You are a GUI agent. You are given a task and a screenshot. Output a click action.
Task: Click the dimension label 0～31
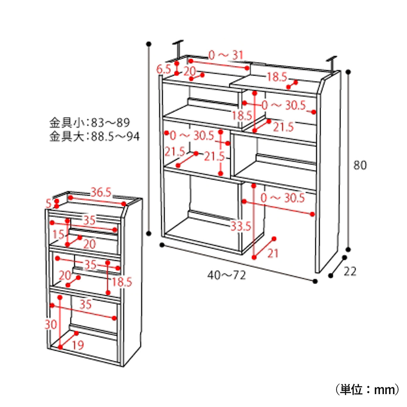coord(226,55)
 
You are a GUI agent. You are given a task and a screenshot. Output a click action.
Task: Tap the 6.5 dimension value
coord(163,70)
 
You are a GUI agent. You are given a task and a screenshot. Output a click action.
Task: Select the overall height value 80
coord(360,166)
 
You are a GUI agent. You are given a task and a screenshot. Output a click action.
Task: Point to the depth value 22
coord(350,271)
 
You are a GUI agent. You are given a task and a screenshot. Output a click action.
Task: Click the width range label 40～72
coord(226,275)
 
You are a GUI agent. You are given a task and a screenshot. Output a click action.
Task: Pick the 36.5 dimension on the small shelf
coord(101,193)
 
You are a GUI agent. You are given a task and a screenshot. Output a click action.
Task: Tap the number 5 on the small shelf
coord(49,204)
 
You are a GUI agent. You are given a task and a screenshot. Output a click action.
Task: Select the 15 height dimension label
coord(58,234)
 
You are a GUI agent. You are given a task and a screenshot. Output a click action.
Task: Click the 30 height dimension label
coord(51,325)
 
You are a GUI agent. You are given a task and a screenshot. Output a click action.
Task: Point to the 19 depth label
coord(78,345)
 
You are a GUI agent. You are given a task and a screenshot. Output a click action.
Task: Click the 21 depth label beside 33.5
coord(273,253)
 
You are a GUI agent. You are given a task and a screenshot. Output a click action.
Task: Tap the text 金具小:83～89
coord(90,122)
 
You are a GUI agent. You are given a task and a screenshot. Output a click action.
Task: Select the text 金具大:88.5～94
coord(94,137)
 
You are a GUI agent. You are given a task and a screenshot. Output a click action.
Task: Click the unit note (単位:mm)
coord(367,389)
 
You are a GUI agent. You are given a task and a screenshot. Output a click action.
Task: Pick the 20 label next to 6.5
coord(190,71)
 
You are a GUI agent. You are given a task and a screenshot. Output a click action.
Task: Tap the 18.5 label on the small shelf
coord(122,282)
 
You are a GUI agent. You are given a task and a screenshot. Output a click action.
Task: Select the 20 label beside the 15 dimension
coord(89,244)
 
